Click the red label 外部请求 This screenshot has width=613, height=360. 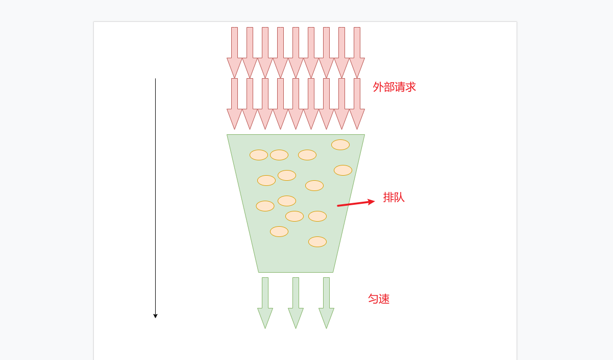click(394, 87)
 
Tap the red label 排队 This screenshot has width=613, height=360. click(394, 198)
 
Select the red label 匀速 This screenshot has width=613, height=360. click(379, 299)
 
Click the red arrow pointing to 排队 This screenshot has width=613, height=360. click(356, 203)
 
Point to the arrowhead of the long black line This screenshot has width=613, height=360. click(156, 316)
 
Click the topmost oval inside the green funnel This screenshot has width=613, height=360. click(340, 145)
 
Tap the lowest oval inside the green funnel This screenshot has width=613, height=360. click(317, 242)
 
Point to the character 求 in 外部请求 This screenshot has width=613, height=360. click(410, 87)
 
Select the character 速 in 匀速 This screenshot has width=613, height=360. click(384, 299)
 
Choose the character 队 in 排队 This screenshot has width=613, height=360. click(399, 198)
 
